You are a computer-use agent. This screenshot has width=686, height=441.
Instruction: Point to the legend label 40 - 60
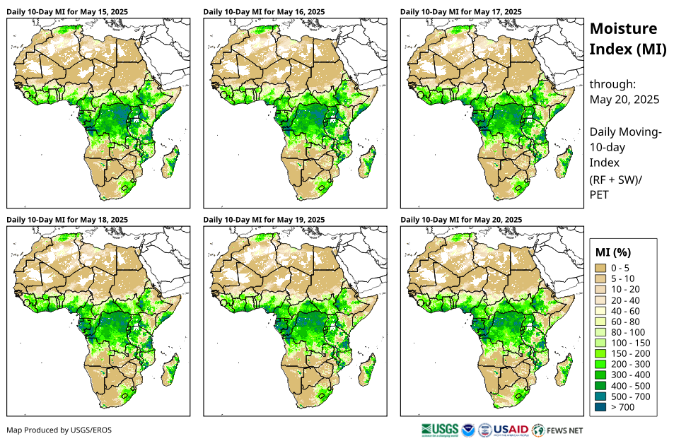click(x=625, y=310)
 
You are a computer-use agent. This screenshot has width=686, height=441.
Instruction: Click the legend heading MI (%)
click(x=613, y=252)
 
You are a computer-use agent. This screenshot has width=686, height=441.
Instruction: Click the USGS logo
click(x=438, y=429)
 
